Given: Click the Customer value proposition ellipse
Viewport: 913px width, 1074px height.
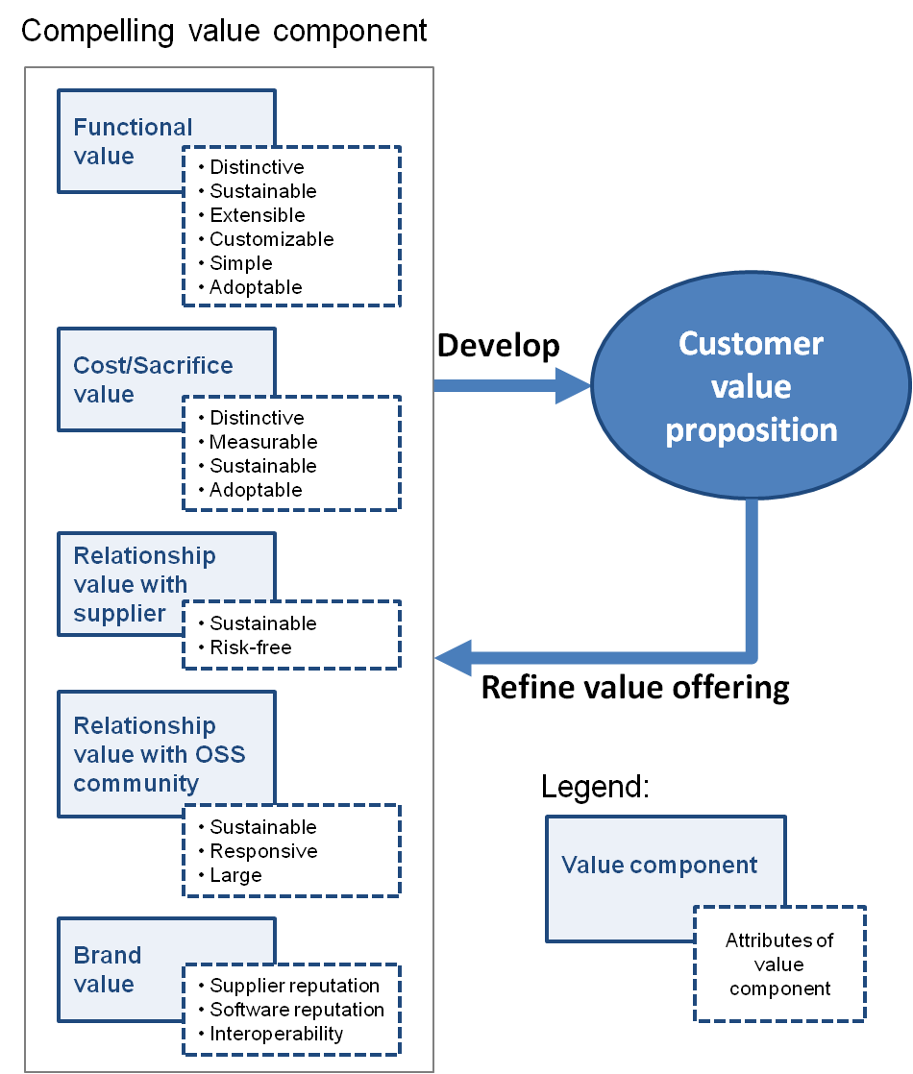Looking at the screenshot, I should pos(751,386).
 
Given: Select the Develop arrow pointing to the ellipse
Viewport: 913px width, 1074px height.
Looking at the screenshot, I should pos(510,385).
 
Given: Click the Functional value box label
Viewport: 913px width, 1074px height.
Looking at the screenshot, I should pos(133,141).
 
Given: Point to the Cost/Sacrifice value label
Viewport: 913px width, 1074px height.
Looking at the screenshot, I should pos(153,379).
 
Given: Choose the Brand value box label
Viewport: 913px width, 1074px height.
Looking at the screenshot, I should pos(108,969).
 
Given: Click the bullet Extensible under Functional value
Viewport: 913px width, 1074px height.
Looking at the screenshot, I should pos(257,215).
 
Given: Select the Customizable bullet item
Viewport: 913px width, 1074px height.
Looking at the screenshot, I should pos(271,239).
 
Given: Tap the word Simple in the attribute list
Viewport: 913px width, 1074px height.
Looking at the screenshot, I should pos(240,263).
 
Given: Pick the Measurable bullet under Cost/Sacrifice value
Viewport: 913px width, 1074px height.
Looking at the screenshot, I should pos(262,442).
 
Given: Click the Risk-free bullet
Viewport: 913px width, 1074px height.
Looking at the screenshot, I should pos(250,647).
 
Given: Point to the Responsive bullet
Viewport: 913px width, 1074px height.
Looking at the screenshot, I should pos(262,851).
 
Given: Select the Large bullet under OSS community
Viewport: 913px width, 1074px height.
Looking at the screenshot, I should pos(235,875).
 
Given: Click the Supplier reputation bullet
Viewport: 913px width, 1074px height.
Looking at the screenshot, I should pos(294,986).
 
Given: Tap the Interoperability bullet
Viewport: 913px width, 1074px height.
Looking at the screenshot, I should pos(276,1034).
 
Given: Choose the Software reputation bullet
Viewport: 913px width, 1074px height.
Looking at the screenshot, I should pos(296,1010).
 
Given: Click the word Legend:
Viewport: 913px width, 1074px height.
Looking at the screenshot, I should pos(596,788).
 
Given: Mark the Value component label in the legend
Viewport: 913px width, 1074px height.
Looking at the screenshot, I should pos(659,865).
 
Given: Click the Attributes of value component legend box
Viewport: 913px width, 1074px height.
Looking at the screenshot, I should pos(779,964).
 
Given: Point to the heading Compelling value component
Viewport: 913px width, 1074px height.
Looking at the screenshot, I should pos(224,31).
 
